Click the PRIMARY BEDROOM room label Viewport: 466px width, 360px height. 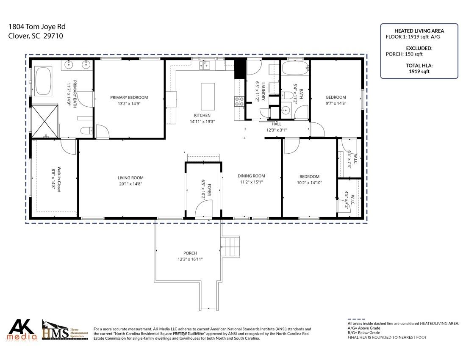point(129,97)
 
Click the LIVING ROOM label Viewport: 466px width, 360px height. point(130,178)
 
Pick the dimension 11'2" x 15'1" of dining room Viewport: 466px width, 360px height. point(251,182)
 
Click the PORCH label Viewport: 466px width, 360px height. point(190,253)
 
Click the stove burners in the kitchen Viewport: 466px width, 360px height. point(239,101)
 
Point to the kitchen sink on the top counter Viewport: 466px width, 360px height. point(205,65)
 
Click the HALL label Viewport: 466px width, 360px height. point(277,124)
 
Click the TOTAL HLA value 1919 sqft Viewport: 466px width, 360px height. point(419,72)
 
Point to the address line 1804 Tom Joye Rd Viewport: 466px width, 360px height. point(37,27)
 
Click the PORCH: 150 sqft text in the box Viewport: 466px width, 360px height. point(404,54)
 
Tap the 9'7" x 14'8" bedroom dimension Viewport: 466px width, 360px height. point(336,103)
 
